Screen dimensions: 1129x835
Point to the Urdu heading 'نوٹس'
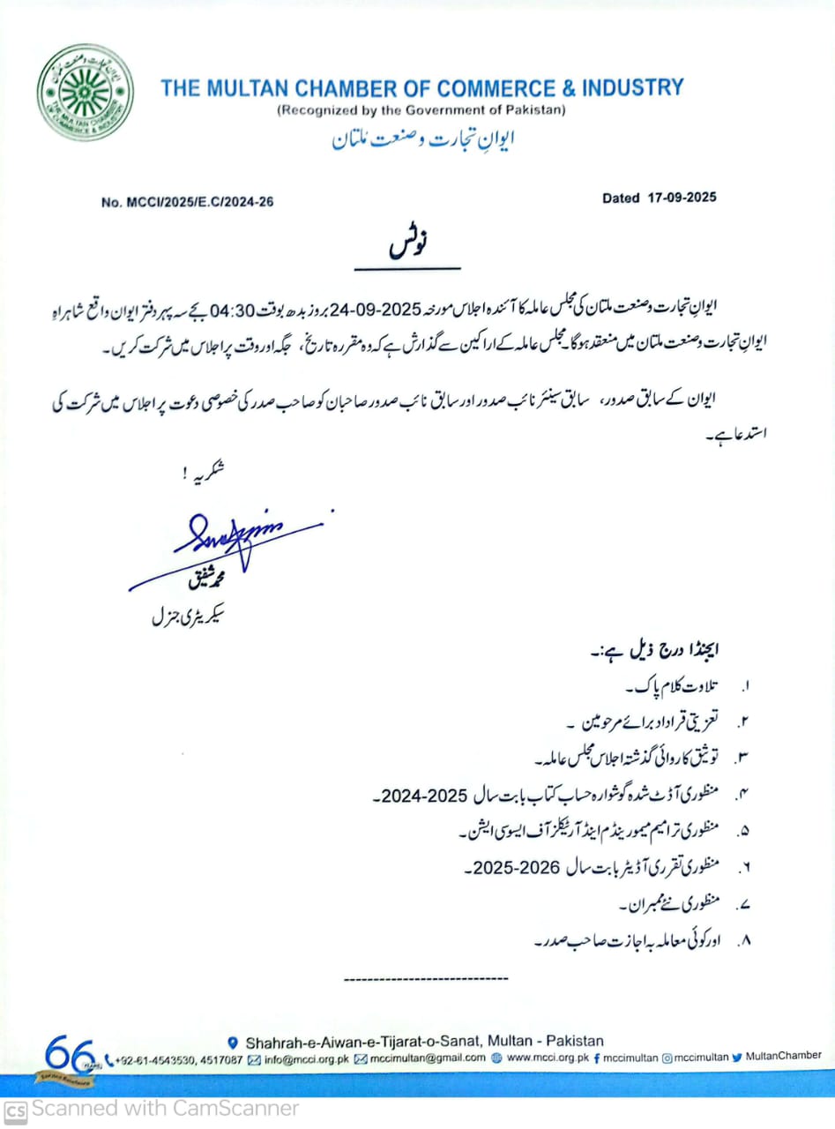point(406,246)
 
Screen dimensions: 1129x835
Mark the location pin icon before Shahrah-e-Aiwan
point(233,1042)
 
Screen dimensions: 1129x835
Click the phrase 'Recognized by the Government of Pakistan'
point(421,110)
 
